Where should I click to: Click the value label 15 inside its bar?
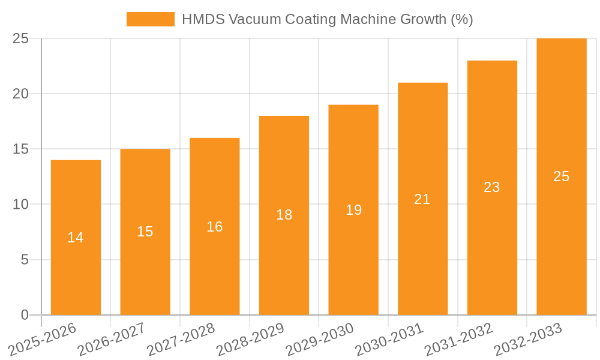(145, 232)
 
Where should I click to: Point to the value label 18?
(284, 215)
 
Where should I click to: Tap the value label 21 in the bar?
(422, 199)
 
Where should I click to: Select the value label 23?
(492, 187)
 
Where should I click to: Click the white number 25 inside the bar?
(561, 176)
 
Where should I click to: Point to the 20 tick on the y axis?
(20, 94)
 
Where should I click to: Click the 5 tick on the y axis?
(25, 260)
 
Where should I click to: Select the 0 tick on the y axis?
(25, 315)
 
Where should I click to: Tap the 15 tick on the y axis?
(20, 149)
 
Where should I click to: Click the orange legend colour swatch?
(150, 19)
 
